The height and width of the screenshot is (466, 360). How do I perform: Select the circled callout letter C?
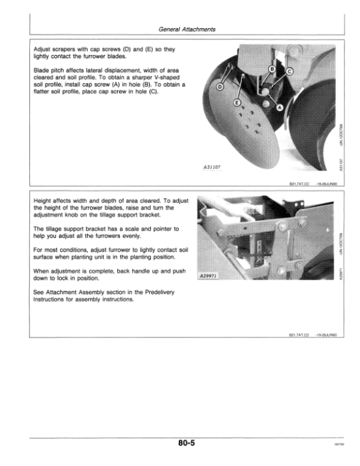pyautogui.click(x=290, y=71)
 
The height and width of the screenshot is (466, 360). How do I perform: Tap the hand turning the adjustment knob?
pyautogui.click(x=221, y=208)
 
